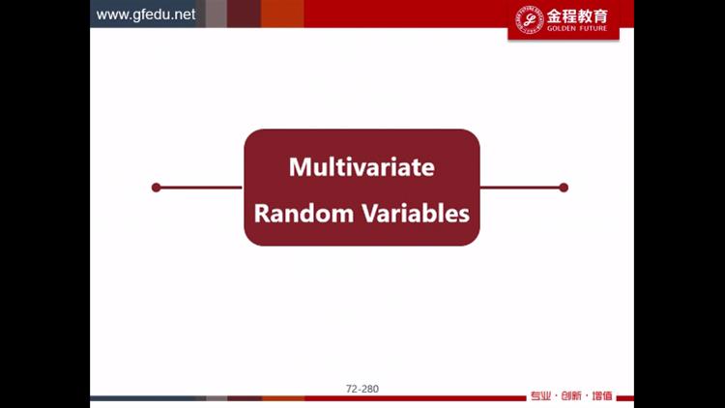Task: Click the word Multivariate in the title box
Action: pyautogui.click(x=362, y=167)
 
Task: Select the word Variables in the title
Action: pyautogui.click(x=416, y=214)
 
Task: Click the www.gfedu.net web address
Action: pyautogui.click(x=146, y=15)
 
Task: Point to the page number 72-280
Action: pyautogui.click(x=362, y=389)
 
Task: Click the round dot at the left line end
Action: pyautogui.click(x=157, y=188)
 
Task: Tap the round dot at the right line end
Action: pyautogui.click(x=564, y=188)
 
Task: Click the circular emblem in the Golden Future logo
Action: pyautogui.click(x=530, y=19)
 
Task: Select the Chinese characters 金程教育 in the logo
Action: pyautogui.click(x=577, y=16)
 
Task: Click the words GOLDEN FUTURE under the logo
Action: pyautogui.click(x=577, y=28)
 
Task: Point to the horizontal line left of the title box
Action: pyautogui.click(x=201, y=188)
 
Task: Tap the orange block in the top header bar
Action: pyautogui.click(x=282, y=14)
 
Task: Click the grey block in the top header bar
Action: pyautogui.click(x=216, y=14)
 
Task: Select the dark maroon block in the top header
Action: pyautogui.click(x=244, y=14)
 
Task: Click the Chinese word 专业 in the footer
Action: pyautogui.click(x=540, y=396)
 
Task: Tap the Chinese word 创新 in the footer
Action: pyautogui.click(x=571, y=396)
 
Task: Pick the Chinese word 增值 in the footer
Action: pyautogui.click(x=602, y=396)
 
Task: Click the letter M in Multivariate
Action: pyautogui.click(x=299, y=167)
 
